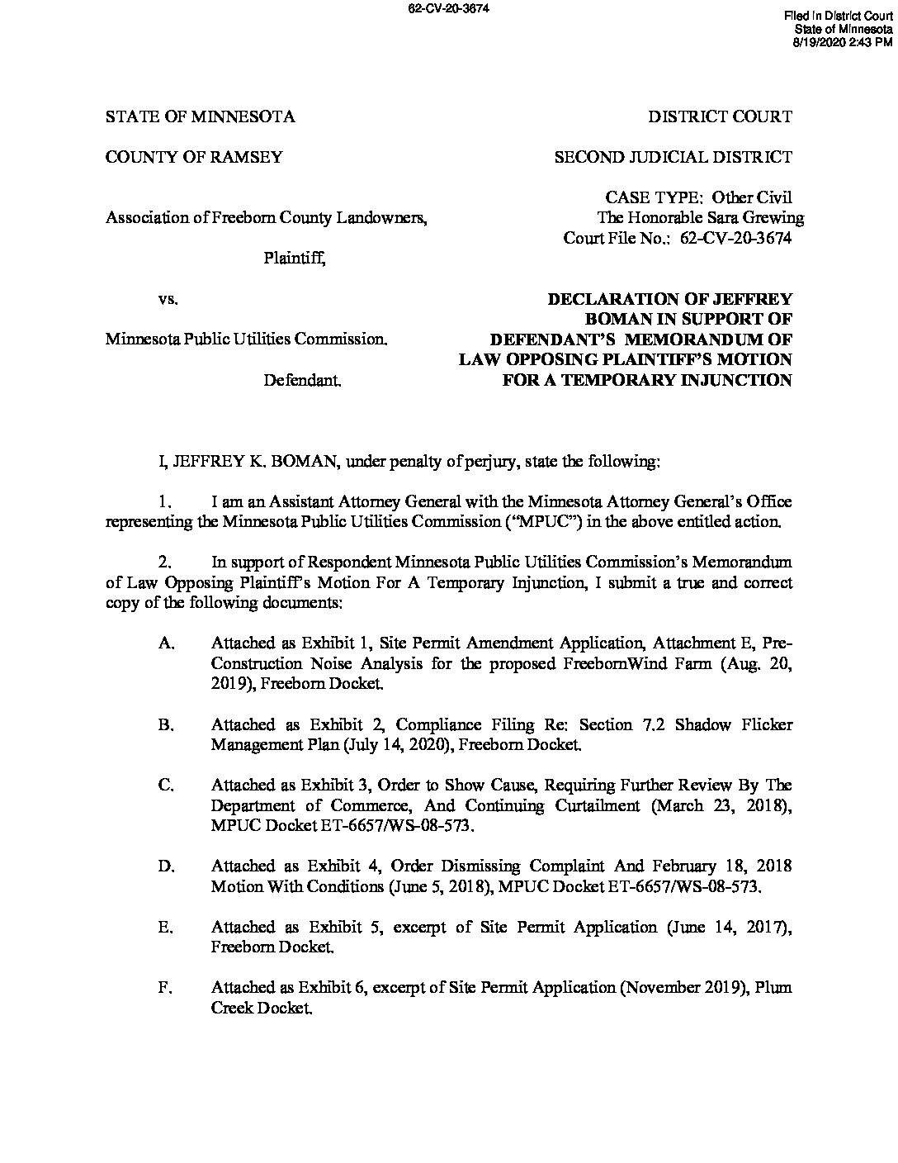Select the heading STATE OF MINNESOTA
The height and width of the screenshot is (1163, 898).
tap(200, 116)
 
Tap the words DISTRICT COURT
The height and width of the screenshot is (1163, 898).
tap(720, 116)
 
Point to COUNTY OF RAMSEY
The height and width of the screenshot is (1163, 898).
tap(194, 157)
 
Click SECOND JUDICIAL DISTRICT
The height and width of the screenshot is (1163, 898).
tap(673, 157)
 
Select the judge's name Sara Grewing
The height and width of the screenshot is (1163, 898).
tap(763, 218)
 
